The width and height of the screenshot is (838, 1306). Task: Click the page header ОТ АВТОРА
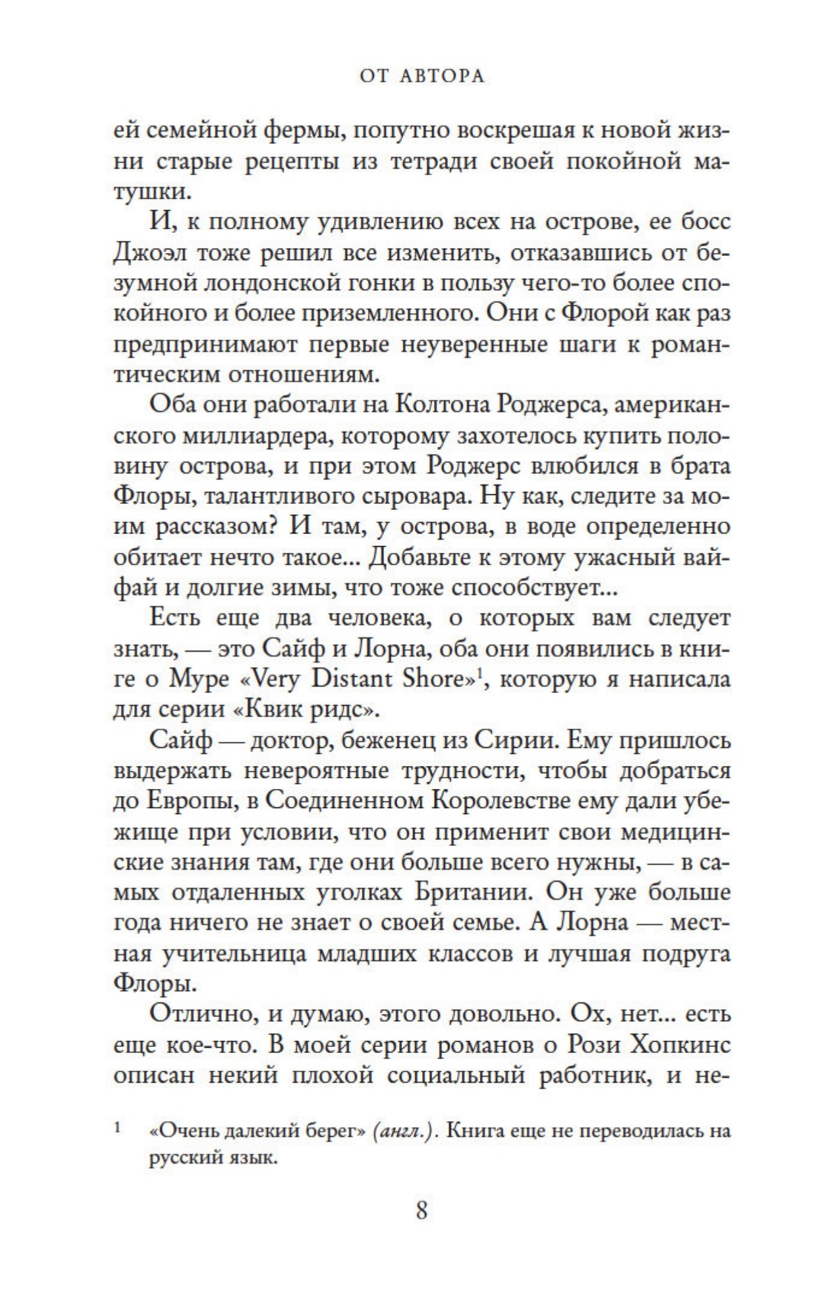[421, 76]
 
